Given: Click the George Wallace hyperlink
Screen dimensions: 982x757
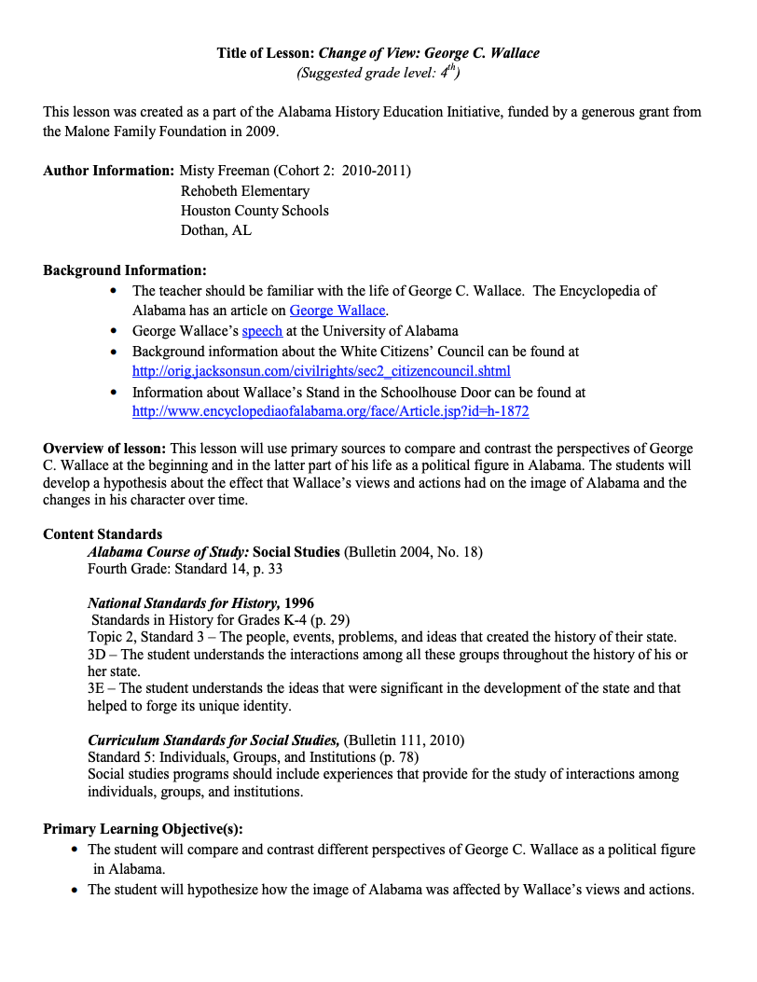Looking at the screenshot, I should [x=337, y=311].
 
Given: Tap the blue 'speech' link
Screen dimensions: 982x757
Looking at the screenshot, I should [x=262, y=331].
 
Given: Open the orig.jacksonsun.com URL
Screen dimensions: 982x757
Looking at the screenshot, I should [x=321, y=371].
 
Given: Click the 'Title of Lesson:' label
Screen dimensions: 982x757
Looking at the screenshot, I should [x=266, y=53].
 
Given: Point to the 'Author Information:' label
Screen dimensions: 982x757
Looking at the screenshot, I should [x=108, y=171].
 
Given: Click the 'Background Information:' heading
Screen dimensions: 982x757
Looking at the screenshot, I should [x=124, y=270].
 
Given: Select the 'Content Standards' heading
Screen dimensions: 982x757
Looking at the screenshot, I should [x=103, y=534].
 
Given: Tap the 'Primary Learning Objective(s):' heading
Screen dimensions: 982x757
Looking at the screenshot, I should [x=143, y=829].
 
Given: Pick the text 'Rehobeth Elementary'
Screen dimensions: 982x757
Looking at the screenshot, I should [x=245, y=191].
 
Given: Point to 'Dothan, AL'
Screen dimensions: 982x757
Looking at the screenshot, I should [x=216, y=230].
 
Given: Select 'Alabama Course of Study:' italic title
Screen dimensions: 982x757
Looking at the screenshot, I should [x=168, y=552].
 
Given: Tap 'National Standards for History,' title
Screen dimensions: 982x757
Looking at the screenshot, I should [x=184, y=603].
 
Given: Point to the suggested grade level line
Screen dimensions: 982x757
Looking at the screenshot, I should [x=378, y=72].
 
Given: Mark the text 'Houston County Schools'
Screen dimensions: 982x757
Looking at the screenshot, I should [x=255, y=211].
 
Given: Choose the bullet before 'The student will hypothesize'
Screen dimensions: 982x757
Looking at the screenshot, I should [x=75, y=891].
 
